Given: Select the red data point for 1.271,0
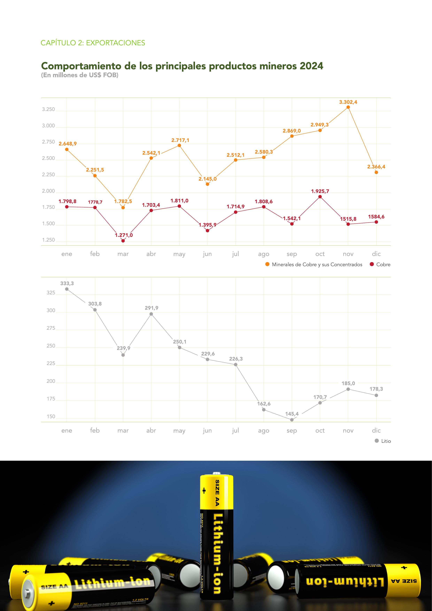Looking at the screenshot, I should [123, 241].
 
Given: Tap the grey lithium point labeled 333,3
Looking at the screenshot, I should [67, 289].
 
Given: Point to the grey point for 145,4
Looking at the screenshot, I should [292, 420].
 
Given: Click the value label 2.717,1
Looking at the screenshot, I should [180, 140].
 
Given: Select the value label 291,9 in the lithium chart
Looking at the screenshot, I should [151, 308].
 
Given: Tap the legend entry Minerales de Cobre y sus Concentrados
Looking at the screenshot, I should [314, 265].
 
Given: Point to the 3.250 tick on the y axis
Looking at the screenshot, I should [48, 109].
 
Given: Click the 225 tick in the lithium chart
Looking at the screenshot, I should [51, 363].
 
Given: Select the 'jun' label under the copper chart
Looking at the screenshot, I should [207, 254].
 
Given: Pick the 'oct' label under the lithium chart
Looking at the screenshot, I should [320, 431].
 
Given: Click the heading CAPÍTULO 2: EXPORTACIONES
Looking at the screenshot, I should [93, 43].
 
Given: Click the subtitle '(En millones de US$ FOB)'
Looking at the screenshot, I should [80, 75].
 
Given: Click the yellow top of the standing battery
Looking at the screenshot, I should [217, 492].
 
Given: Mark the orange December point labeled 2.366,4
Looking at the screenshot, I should [376, 172].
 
